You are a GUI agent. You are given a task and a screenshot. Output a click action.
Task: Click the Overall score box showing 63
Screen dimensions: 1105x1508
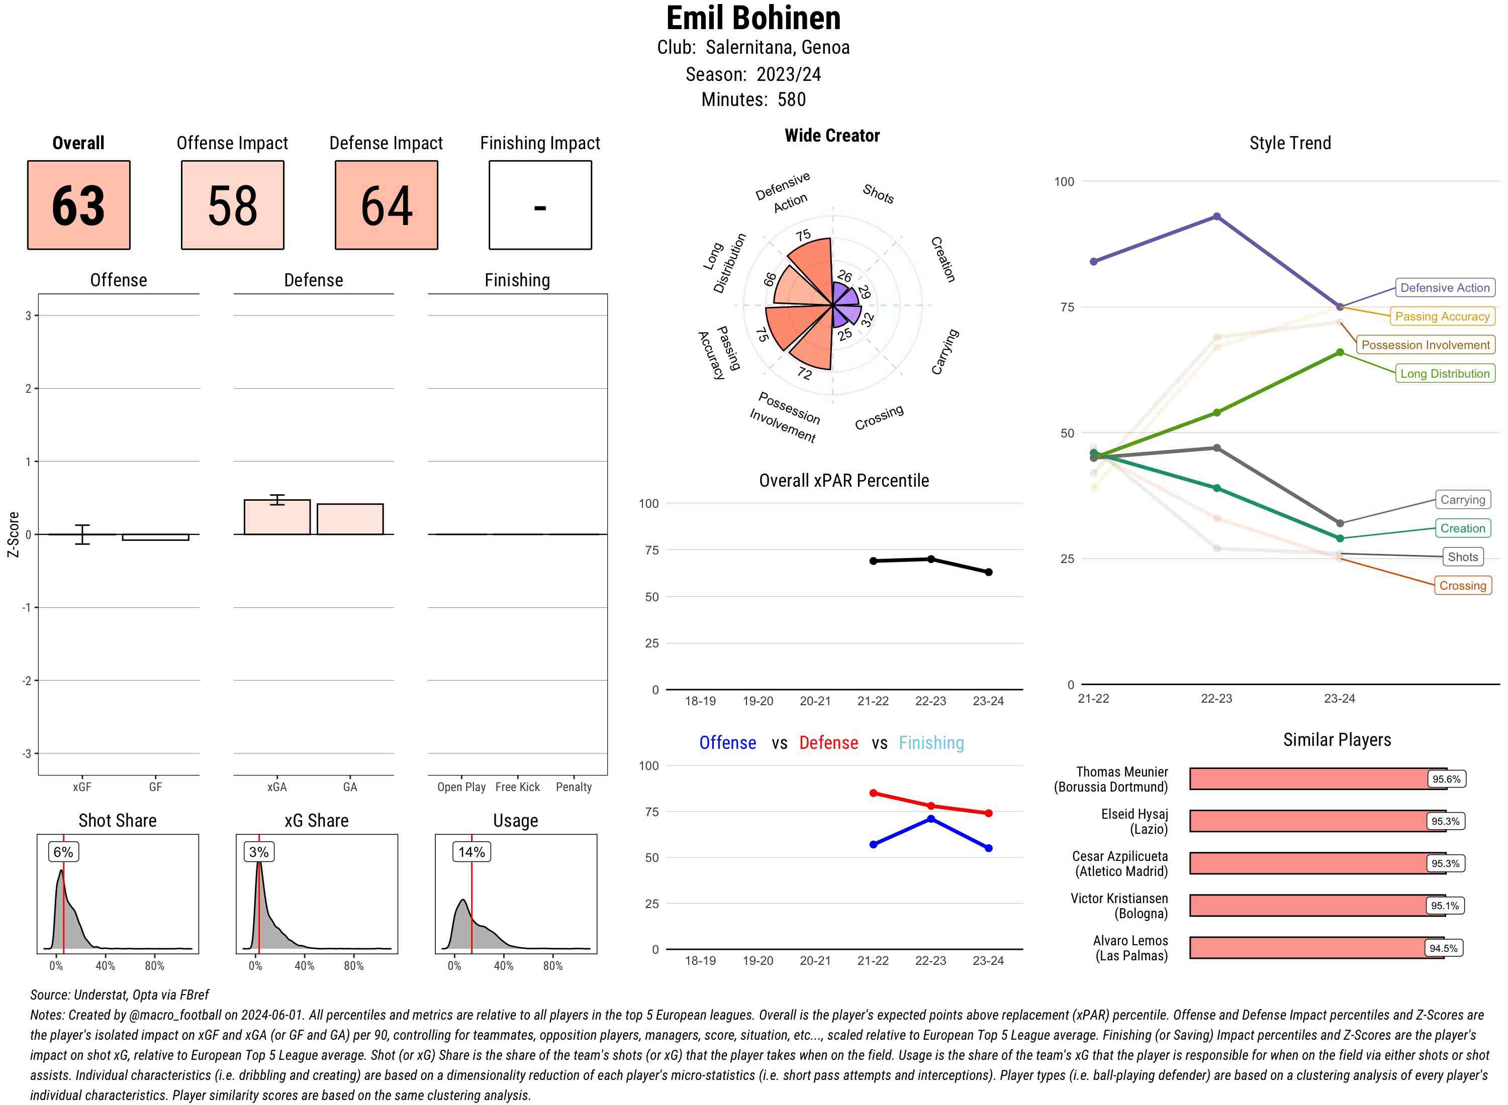pos(78,205)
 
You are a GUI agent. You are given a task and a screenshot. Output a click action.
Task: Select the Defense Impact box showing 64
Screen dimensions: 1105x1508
pos(386,205)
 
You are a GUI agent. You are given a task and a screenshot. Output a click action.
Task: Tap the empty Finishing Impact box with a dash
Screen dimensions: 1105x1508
pos(540,205)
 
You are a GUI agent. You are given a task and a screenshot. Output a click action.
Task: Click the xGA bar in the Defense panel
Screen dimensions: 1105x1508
pos(277,517)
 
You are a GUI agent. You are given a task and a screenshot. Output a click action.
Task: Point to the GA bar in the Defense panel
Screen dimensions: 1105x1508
pos(350,519)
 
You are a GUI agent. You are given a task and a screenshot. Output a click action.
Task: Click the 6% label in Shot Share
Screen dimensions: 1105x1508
pos(63,851)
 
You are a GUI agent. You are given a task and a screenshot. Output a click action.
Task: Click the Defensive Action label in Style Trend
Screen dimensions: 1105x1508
pos(1445,288)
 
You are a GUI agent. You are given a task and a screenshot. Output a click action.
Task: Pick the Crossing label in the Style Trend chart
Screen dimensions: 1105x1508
pos(1462,585)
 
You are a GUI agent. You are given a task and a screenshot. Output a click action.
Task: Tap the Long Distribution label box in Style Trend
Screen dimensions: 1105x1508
pos(1445,373)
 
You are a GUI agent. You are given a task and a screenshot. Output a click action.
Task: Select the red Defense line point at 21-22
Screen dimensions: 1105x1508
pos(873,793)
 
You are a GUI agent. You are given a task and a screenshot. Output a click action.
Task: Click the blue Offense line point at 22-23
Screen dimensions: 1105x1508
pos(930,819)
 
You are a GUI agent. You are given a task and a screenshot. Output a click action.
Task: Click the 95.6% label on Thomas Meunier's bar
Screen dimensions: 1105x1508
pos(1446,779)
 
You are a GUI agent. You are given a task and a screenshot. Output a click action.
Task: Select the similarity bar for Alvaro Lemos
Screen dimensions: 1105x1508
pos(1316,948)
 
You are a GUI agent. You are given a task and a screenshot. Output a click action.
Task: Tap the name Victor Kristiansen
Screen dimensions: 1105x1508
pos(1118,898)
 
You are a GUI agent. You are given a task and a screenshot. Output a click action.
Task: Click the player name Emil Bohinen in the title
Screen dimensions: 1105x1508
pos(753,18)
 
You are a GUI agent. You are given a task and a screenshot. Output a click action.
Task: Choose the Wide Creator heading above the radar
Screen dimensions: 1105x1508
pos(832,135)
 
